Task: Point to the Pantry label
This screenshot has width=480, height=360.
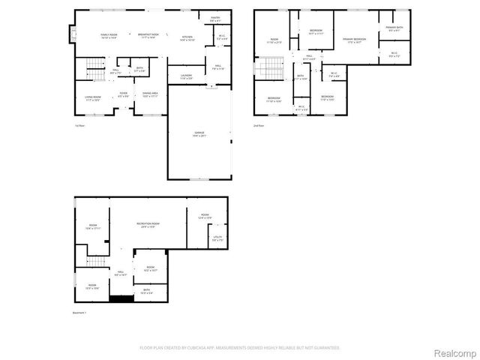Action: [215, 19]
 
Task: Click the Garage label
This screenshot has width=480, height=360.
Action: [199, 133]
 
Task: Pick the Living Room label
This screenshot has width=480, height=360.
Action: [91, 97]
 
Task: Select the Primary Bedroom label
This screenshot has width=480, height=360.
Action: [354, 40]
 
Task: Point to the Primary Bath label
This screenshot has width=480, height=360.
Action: [394, 28]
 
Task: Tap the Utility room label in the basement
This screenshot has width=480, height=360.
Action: [217, 238]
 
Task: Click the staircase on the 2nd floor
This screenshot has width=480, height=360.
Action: [266, 70]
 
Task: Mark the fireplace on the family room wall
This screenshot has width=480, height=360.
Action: [73, 33]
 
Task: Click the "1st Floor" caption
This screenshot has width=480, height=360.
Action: [79, 126]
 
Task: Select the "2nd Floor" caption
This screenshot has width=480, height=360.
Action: [259, 126]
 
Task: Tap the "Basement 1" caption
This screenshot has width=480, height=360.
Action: [79, 312]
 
